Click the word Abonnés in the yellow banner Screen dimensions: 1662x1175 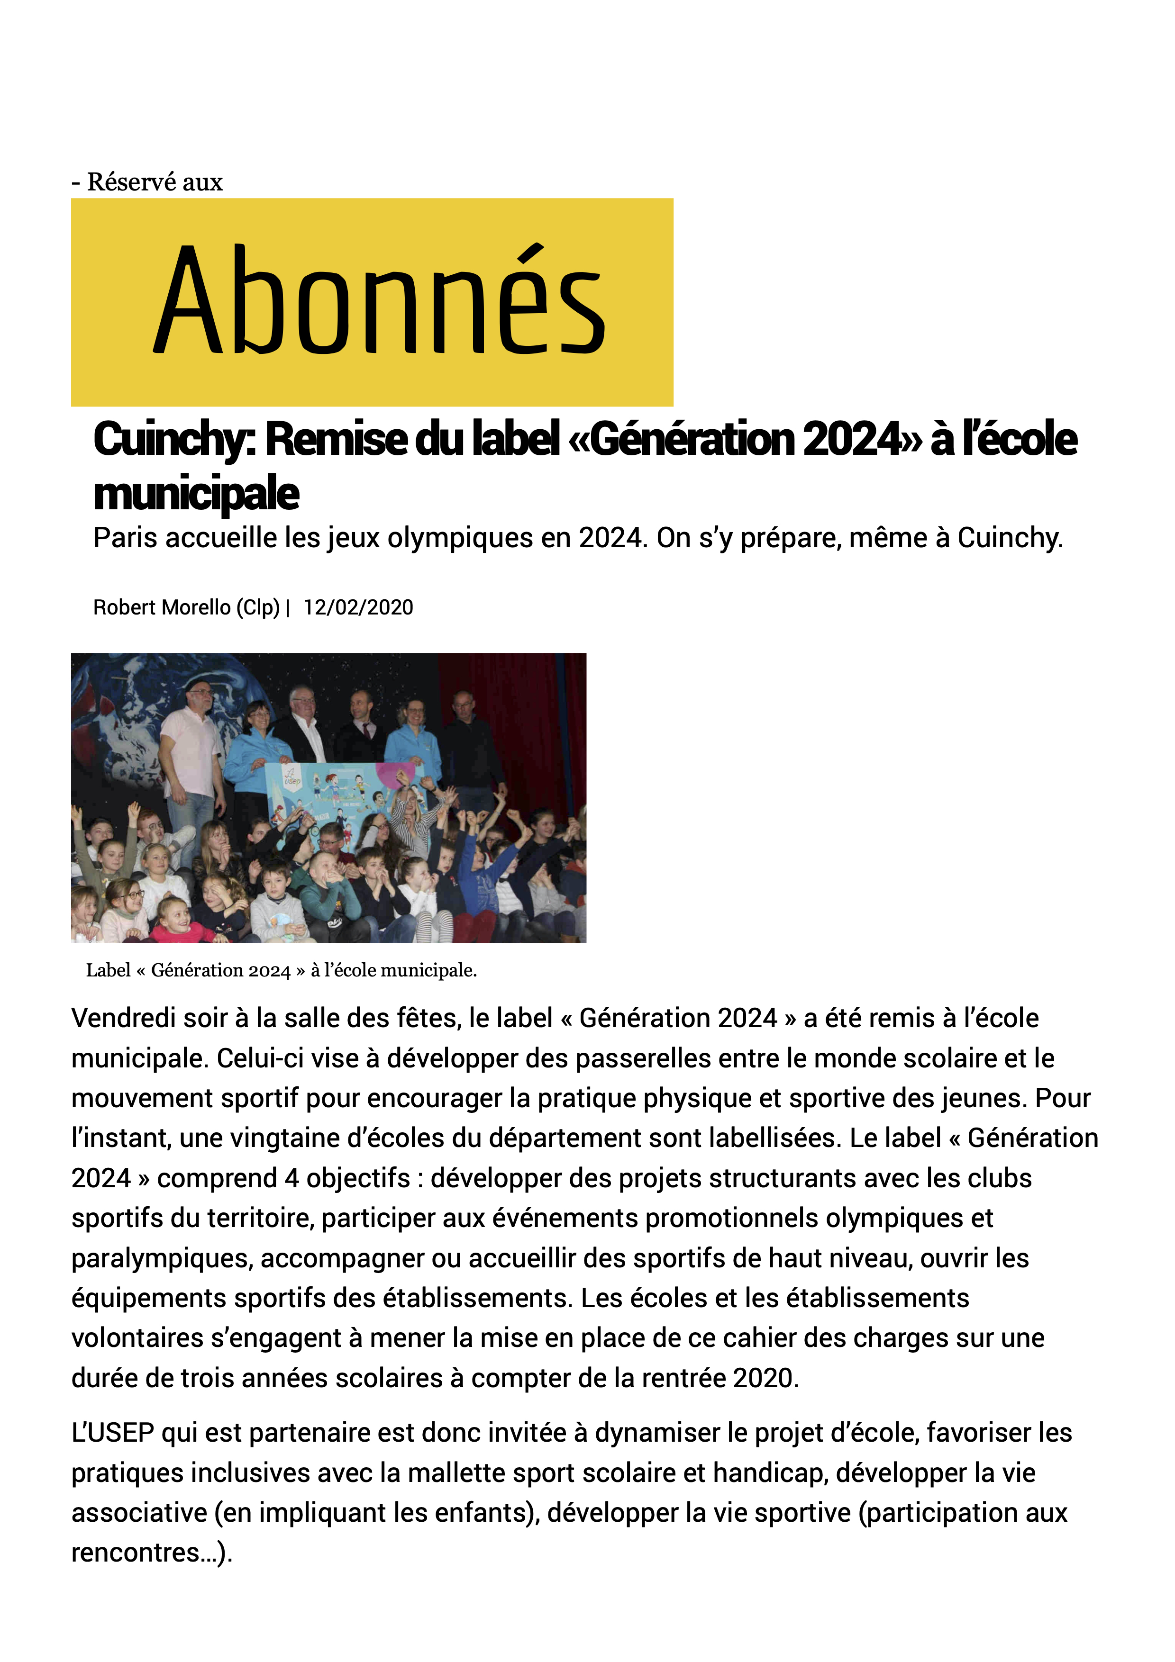click(379, 300)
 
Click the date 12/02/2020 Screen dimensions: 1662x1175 click(358, 607)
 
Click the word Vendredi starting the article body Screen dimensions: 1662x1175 click(122, 1019)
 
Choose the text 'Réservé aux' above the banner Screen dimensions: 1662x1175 click(154, 182)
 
